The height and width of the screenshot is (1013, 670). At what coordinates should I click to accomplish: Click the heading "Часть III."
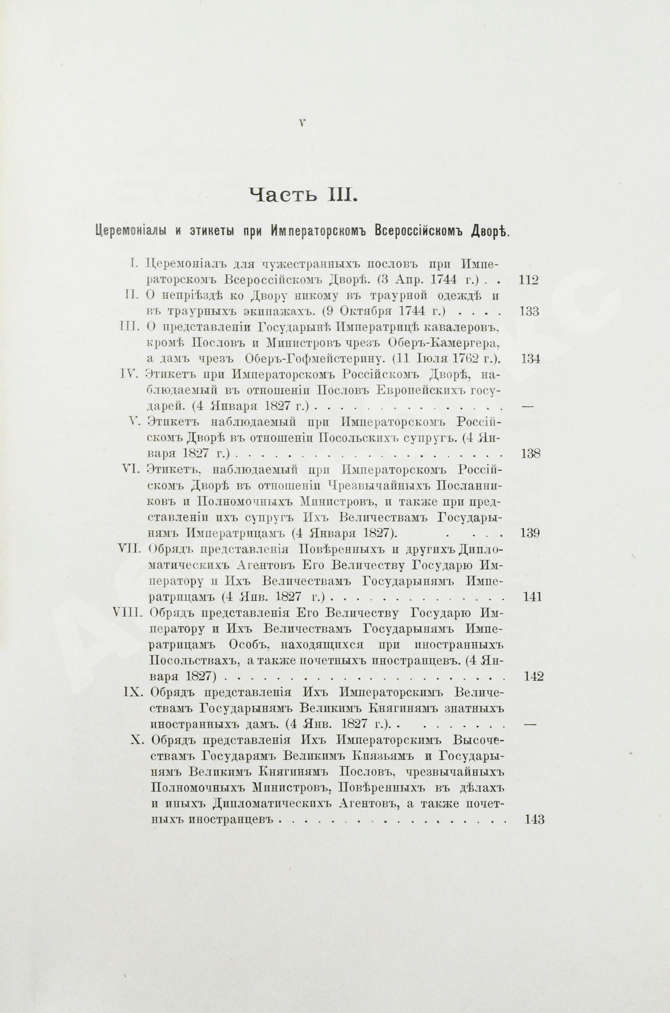302,195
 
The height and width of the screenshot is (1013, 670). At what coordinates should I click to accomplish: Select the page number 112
528,280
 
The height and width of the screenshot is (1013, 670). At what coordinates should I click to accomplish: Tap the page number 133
530,312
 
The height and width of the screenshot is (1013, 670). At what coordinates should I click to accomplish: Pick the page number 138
531,453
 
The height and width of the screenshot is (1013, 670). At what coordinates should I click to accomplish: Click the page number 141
532,597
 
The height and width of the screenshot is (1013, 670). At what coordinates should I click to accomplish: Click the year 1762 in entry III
464,358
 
